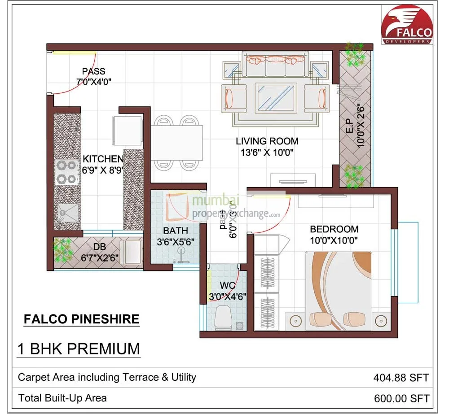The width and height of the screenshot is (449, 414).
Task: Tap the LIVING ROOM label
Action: coord(267,141)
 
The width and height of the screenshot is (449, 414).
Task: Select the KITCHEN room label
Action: coord(103,159)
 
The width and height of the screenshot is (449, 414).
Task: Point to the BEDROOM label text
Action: coord(334,229)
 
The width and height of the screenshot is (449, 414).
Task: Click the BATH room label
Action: coord(172,231)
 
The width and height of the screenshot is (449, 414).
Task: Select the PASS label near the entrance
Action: coord(93,71)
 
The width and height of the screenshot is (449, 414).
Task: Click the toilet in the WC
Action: coord(223,318)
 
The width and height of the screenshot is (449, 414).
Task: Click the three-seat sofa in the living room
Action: coord(276,65)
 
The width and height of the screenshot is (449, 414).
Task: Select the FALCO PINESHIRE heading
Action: coord(81,319)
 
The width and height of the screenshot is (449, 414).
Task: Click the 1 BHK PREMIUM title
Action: coord(79,349)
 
